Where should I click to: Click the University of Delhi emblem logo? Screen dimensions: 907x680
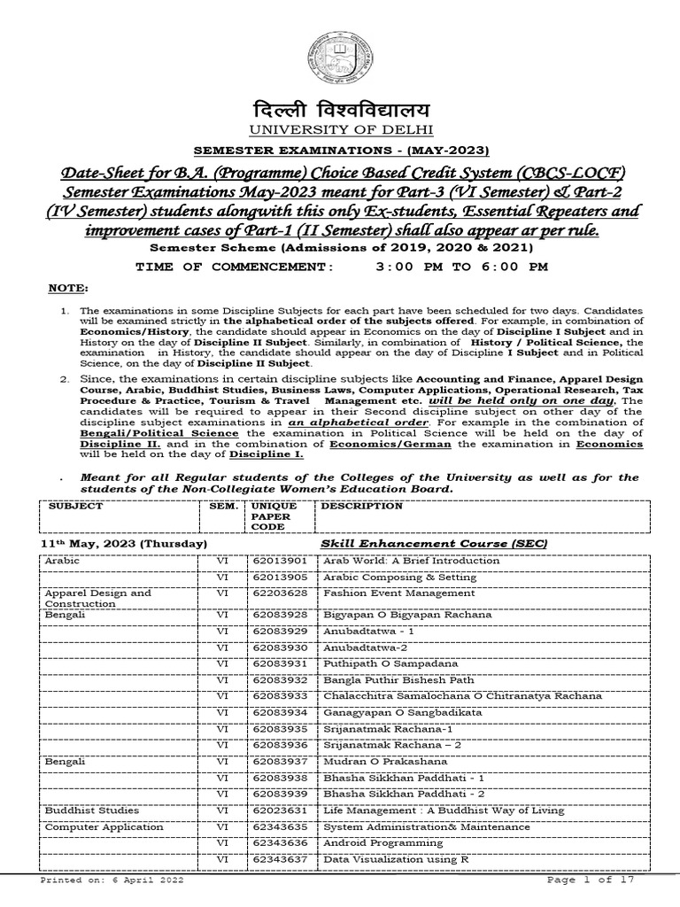tap(339, 59)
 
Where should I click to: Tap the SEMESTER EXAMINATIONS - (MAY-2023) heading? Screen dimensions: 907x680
tap(340, 150)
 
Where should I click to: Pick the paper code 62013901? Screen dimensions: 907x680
tap(279, 561)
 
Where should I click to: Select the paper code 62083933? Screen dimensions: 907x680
tap(279, 695)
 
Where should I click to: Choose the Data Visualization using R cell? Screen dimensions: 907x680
tap(396, 859)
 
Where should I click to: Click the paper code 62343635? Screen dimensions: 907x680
tap(279, 827)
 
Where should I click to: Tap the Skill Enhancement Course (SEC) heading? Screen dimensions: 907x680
tap(432, 542)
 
